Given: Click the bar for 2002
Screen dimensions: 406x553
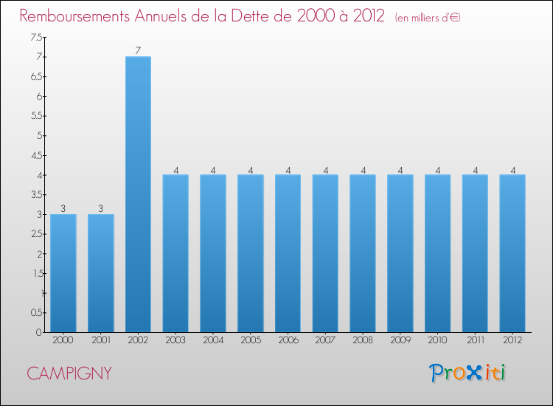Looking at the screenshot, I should coord(138,194).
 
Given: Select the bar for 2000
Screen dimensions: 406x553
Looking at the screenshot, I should coord(63,273).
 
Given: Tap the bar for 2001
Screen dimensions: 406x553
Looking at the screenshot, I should coord(101,273).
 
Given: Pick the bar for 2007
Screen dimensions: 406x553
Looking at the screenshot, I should coord(325,253).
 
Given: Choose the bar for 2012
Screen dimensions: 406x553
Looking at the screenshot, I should coord(512,253).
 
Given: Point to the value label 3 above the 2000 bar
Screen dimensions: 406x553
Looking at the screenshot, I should coord(63,209).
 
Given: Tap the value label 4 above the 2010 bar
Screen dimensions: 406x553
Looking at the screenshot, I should coord(437,170).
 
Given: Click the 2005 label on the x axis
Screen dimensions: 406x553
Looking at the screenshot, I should coord(251,340).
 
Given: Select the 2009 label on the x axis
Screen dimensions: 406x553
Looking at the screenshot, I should coord(400,340).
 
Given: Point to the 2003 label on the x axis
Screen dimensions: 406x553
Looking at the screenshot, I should coord(175,340).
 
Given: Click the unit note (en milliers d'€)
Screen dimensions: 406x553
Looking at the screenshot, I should coord(428,17).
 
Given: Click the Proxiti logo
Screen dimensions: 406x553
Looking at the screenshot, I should coord(467,373).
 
